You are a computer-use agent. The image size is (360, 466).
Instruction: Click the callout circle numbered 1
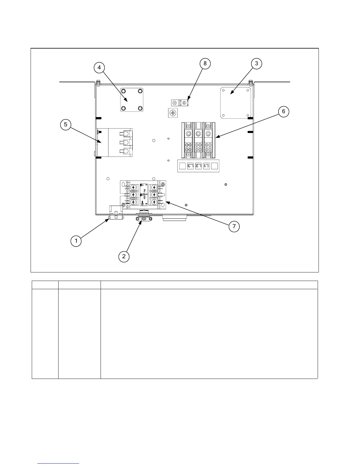(x=76, y=241)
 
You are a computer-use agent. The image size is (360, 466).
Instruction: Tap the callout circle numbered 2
(x=124, y=256)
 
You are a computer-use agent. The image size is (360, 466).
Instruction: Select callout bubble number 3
(x=256, y=64)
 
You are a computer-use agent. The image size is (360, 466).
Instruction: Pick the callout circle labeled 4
(x=99, y=68)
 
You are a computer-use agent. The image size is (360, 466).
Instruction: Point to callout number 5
(x=66, y=124)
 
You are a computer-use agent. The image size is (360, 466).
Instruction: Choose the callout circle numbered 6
(x=284, y=111)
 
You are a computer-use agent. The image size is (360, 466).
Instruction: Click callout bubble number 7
(x=234, y=227)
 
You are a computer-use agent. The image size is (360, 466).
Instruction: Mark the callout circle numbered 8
(x=205, y=64)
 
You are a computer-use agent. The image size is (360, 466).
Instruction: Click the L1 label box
(x=206, y=166)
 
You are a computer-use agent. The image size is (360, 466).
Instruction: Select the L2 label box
(x=199, y=166)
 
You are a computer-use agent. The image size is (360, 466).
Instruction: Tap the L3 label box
(x=191, y=166)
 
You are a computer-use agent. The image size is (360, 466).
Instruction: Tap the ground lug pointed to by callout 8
(x=179, y=103)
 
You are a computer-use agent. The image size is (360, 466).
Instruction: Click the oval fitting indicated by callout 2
(x=144, y=219)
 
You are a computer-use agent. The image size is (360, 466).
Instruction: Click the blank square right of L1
(x=214, y=166)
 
